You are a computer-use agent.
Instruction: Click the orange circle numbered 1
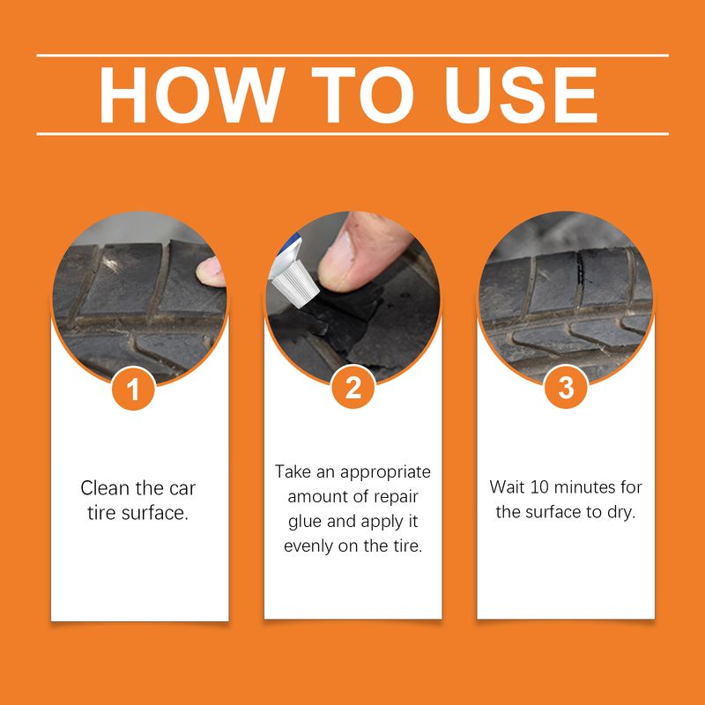click(134, 389)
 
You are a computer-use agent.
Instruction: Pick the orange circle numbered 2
click(352, 389)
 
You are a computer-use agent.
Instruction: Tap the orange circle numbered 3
click(566, 389)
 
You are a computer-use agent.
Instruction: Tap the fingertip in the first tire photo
click(211, 270)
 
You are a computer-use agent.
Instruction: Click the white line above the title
click(352, 56)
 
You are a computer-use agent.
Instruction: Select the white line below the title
click(352, 134)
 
